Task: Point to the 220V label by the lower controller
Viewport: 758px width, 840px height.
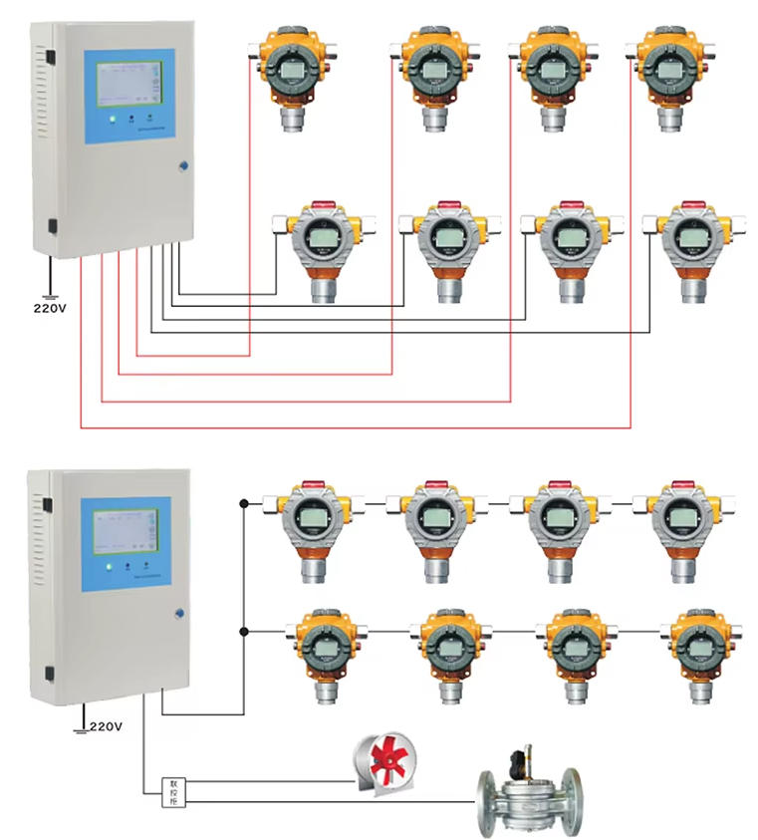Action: (105, 727)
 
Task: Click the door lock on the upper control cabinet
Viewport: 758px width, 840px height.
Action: (183, 168)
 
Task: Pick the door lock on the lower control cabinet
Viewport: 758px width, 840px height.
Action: (179, 614)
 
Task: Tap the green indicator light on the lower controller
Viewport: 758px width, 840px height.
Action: (110, 567)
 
